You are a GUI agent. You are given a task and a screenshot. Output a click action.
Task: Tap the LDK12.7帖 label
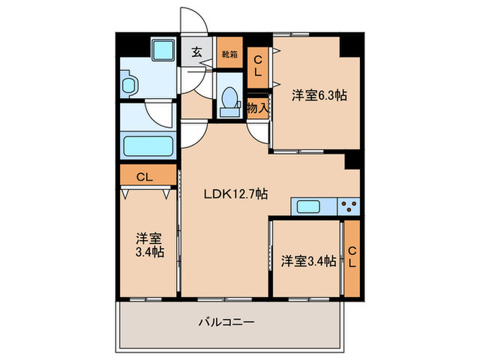pyautogui.click(x=235, y=194)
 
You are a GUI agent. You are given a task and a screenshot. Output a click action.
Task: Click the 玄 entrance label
pyautogui.click(x=196, y=51)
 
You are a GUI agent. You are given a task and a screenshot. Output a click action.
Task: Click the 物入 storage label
pyautogui.click(x=257, y=108)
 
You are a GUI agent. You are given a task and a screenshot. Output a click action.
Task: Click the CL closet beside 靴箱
pyautogui.click(x=258, y=67)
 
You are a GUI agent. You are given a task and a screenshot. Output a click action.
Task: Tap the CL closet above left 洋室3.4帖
pyautogui.click(x=145, y=177)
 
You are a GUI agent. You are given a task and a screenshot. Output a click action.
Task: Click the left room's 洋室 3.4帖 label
pyautogui.click(x=149, y=245)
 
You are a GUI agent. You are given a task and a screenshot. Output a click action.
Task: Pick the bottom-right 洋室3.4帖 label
pyautogui.click(x=308, y=261)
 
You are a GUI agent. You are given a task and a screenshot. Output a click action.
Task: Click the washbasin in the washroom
pyautogui.click(x=130, y=85)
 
